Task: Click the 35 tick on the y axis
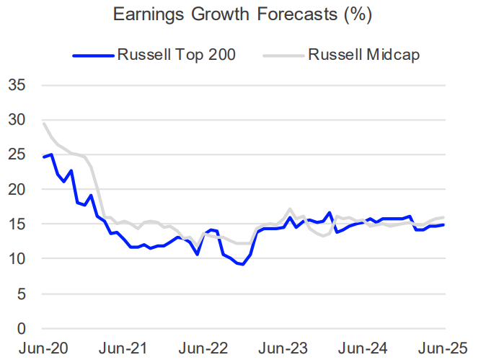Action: point(17,85)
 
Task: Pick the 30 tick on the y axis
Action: point(17,120)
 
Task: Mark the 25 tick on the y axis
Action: point(17,154)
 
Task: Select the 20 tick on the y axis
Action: point(17,189)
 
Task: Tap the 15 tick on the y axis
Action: point(17,224)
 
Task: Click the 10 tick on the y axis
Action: point(17,258)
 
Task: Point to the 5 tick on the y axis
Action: point(22,294)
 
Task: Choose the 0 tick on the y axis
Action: point(22,328)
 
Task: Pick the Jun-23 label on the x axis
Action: point(283,347)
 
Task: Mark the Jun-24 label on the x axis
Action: point(363,347)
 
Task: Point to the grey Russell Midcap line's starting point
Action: point(44,123)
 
